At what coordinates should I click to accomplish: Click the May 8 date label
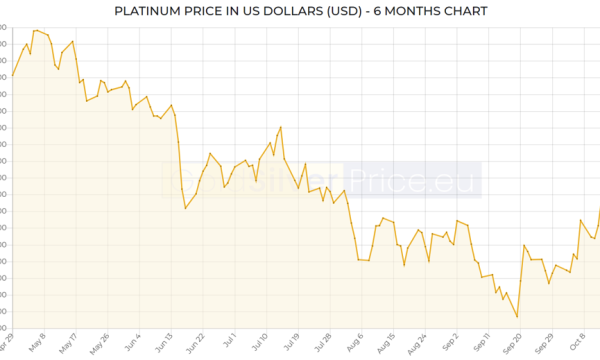tap(37, 344)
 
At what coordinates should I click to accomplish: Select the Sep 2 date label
tap(446, 344)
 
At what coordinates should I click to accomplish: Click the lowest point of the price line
tap(517, 318)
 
